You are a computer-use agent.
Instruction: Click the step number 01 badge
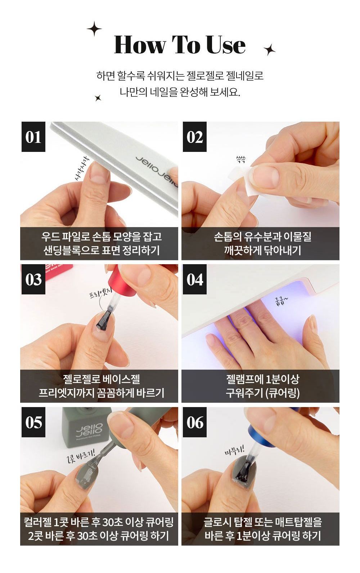[x=33, y=137]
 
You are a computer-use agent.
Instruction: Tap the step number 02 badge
[x=194, y=137]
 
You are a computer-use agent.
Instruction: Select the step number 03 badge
[x=33, y=279]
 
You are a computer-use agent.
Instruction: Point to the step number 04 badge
[x=194, y=279]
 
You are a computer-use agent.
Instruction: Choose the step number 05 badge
[x=33, y=422]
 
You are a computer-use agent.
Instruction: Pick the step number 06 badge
[x=194, y=422]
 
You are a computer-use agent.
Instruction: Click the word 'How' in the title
[x=140, y=45]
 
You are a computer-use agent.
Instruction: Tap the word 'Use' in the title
[x=226, y=45]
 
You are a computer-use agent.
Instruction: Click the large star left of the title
[x=94, y=29]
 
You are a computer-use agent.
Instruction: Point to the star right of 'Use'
[x=269, y=49]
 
